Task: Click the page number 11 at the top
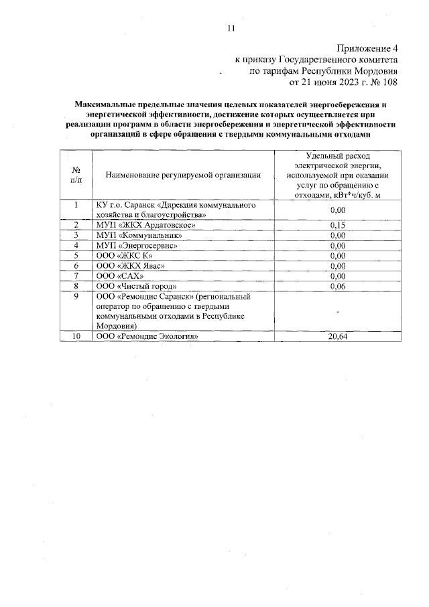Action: [231, 28]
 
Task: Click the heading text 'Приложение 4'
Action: [366, 48]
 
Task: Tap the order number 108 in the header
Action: [387, 82]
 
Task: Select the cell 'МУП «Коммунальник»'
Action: [139, 235]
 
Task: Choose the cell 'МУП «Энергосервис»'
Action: [137, 245]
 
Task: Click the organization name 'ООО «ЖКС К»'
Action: [125, 255]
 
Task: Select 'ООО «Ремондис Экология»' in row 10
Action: [149, 336]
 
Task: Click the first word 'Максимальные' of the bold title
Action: [104, 105]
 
